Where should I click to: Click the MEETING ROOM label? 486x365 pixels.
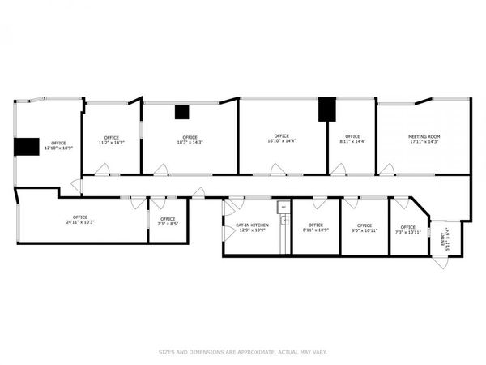click(424, 136)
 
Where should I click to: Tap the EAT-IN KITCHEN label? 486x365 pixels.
click(252, 225)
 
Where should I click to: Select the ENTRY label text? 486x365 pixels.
click(442, 238)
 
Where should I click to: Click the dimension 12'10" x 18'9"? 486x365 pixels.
click(58, 148)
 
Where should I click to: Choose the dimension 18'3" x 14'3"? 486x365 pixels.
click(190, 142)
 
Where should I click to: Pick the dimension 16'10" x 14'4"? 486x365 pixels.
click(281, 141)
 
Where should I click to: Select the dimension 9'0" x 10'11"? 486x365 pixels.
click(364, 230)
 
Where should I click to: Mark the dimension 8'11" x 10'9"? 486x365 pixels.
click(316, 230)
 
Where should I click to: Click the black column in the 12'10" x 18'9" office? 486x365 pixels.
click(28, 146)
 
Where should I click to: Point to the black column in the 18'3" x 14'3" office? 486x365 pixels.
click(182, 113)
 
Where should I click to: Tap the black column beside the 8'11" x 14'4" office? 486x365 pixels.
click(326, 109)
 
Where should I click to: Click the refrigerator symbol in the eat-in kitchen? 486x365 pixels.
click(283, 208)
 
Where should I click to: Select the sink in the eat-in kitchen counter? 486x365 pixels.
click(284, 221)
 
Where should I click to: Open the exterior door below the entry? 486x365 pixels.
click(440, 262)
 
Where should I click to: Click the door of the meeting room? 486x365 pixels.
click(387, 170)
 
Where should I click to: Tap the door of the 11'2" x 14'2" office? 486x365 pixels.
click(103, 170)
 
